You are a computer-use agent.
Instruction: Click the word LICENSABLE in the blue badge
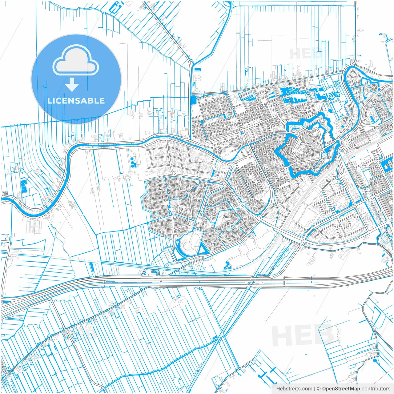(x=76, y=101)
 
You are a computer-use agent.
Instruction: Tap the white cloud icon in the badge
(x=76, y=61)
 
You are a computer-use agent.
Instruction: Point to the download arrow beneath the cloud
(x=72, y=85)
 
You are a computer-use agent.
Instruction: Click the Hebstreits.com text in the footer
(x=294, y=389)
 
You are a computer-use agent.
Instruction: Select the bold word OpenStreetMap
(x=341, y=389)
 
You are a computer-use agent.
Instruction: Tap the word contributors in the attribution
(x=376, y=389)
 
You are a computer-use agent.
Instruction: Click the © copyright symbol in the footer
(x=319, y=389)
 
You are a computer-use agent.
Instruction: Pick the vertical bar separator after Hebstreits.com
(x=315, y=389)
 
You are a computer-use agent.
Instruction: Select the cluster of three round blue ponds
(x=133, y=162)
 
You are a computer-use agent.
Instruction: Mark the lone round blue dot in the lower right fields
(x=375, y=360)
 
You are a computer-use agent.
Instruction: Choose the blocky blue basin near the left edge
(x=24, y=186)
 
